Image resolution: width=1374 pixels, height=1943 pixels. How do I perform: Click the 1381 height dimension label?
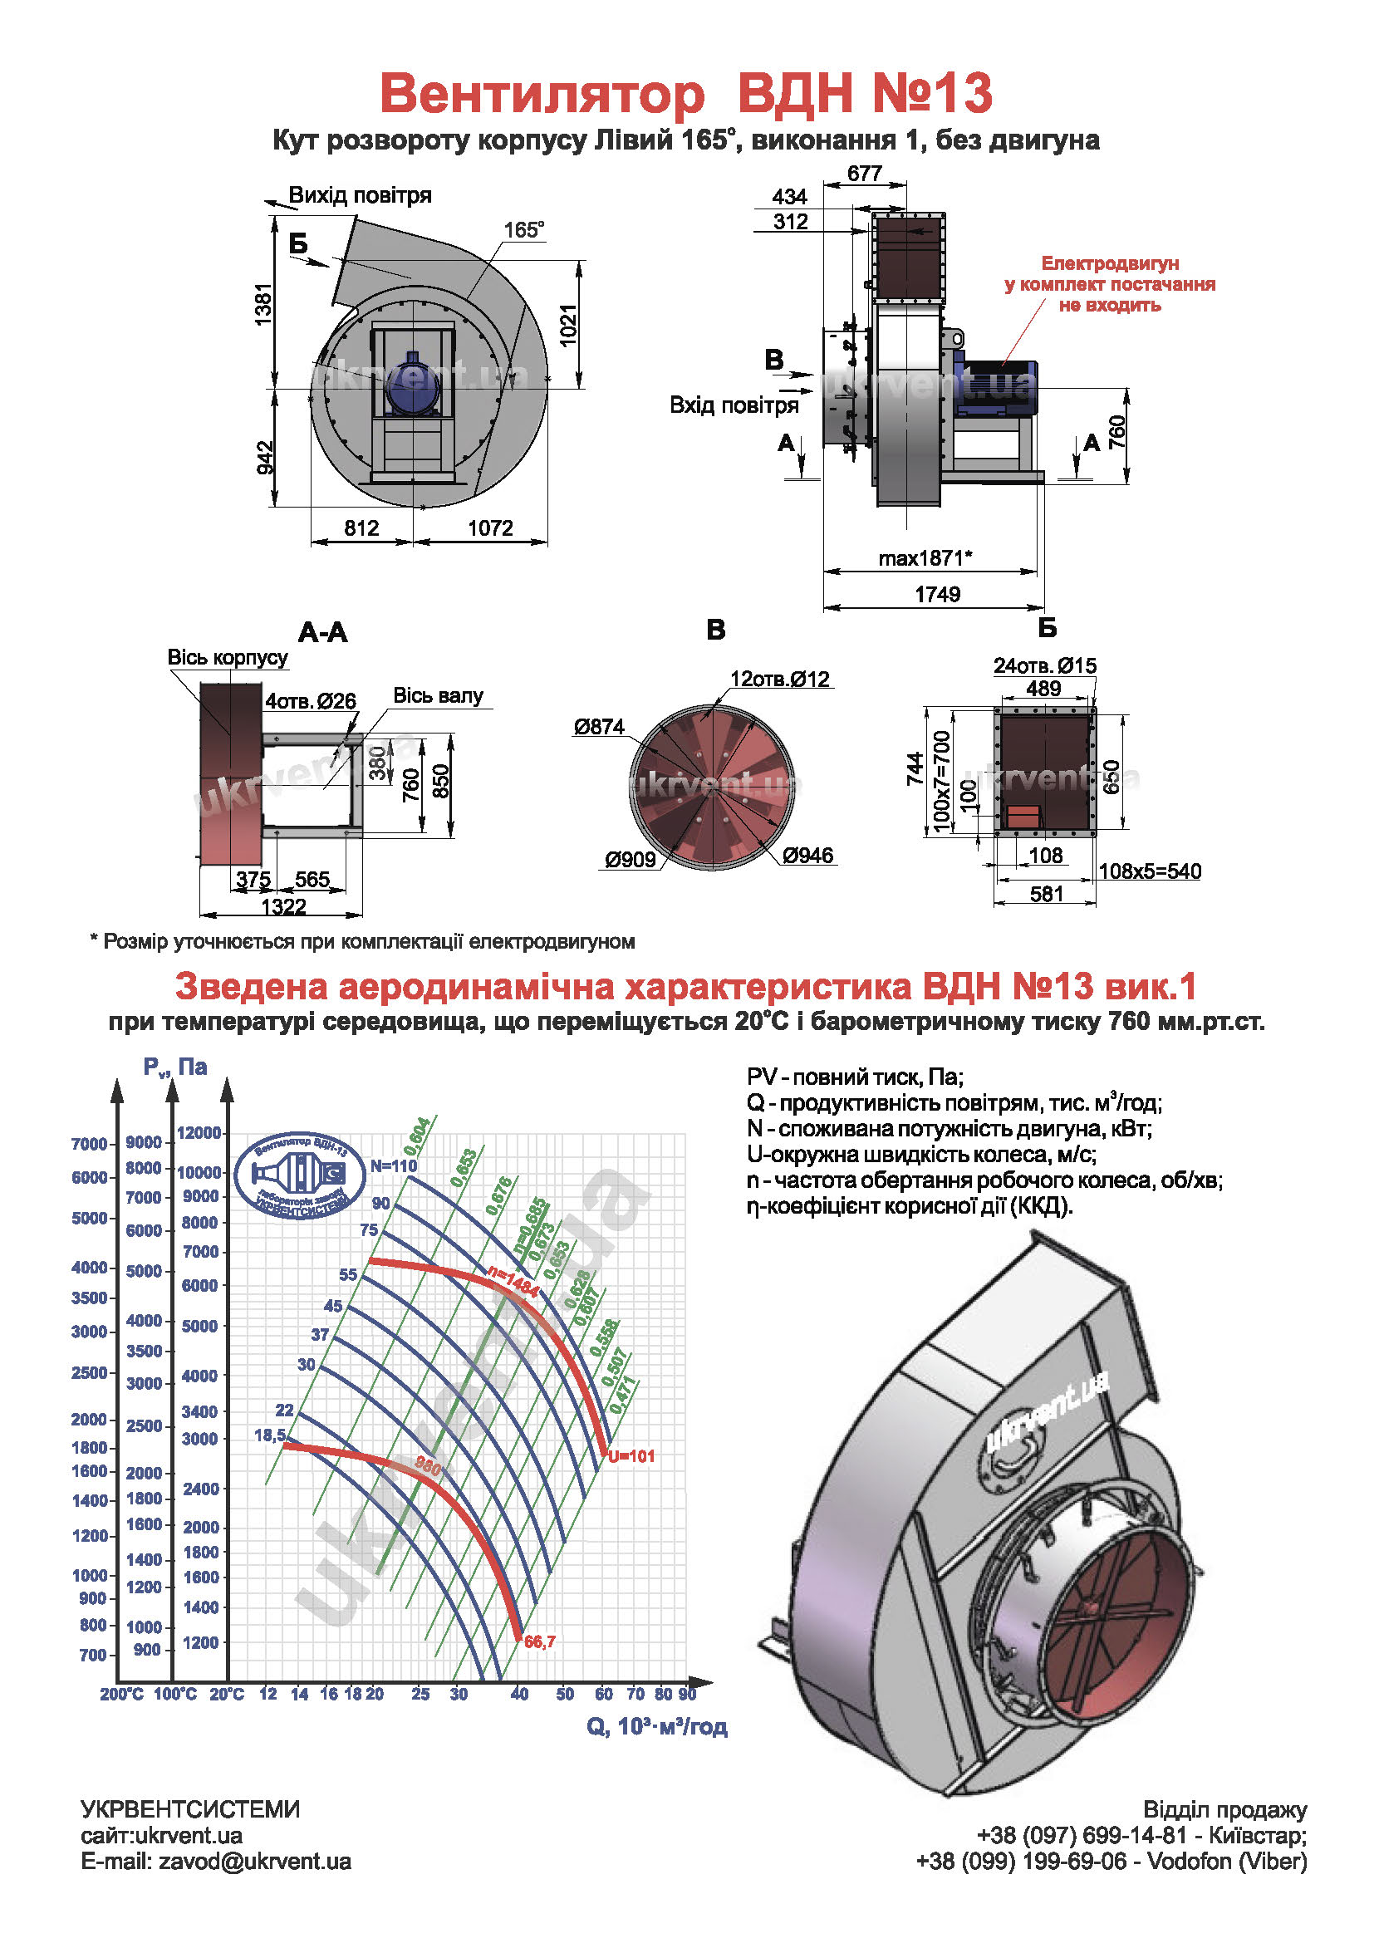(265, 305)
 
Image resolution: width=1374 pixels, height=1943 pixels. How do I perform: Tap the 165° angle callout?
(523, 229)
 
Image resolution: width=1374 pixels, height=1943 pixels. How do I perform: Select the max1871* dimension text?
(925, 557)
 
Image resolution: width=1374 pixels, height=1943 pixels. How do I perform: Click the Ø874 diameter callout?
(598, 726)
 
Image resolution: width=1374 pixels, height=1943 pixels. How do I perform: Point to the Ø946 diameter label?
(808, 856)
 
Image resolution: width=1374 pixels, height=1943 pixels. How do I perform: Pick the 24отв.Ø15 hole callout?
(1044, 666)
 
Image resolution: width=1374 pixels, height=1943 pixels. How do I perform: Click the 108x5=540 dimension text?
(1149, 871)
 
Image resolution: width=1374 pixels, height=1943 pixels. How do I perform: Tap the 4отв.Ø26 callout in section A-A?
(311, 701)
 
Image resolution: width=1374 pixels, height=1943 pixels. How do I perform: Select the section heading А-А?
(322, 632)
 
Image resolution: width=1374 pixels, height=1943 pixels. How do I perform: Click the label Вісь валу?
(438, 695)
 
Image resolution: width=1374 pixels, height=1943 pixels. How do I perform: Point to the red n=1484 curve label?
(513, 1283)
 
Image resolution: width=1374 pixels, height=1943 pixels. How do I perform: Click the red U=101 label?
(631, 1456)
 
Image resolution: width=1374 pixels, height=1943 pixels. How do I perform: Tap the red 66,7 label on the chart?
(540, 1641)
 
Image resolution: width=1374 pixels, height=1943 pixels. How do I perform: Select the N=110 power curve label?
(394, 1165)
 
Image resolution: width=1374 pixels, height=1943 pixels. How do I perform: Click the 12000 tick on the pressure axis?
(199, 1133)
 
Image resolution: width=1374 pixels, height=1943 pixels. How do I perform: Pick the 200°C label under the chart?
(122, 1694)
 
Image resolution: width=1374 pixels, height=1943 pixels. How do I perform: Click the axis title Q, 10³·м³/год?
(656, 1726)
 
